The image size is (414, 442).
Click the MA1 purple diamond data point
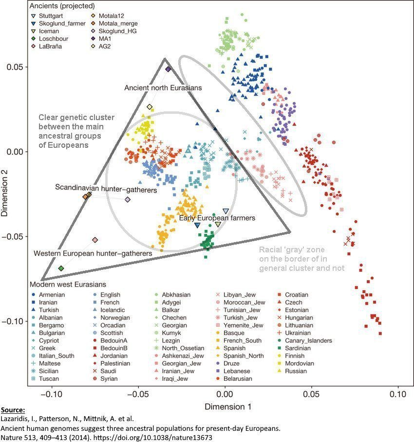168,70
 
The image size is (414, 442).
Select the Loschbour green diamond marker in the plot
61,268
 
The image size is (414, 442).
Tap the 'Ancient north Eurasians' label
163,88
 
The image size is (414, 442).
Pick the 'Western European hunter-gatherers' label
93,253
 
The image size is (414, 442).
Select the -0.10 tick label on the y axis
14,321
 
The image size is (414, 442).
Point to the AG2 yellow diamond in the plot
150,107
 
